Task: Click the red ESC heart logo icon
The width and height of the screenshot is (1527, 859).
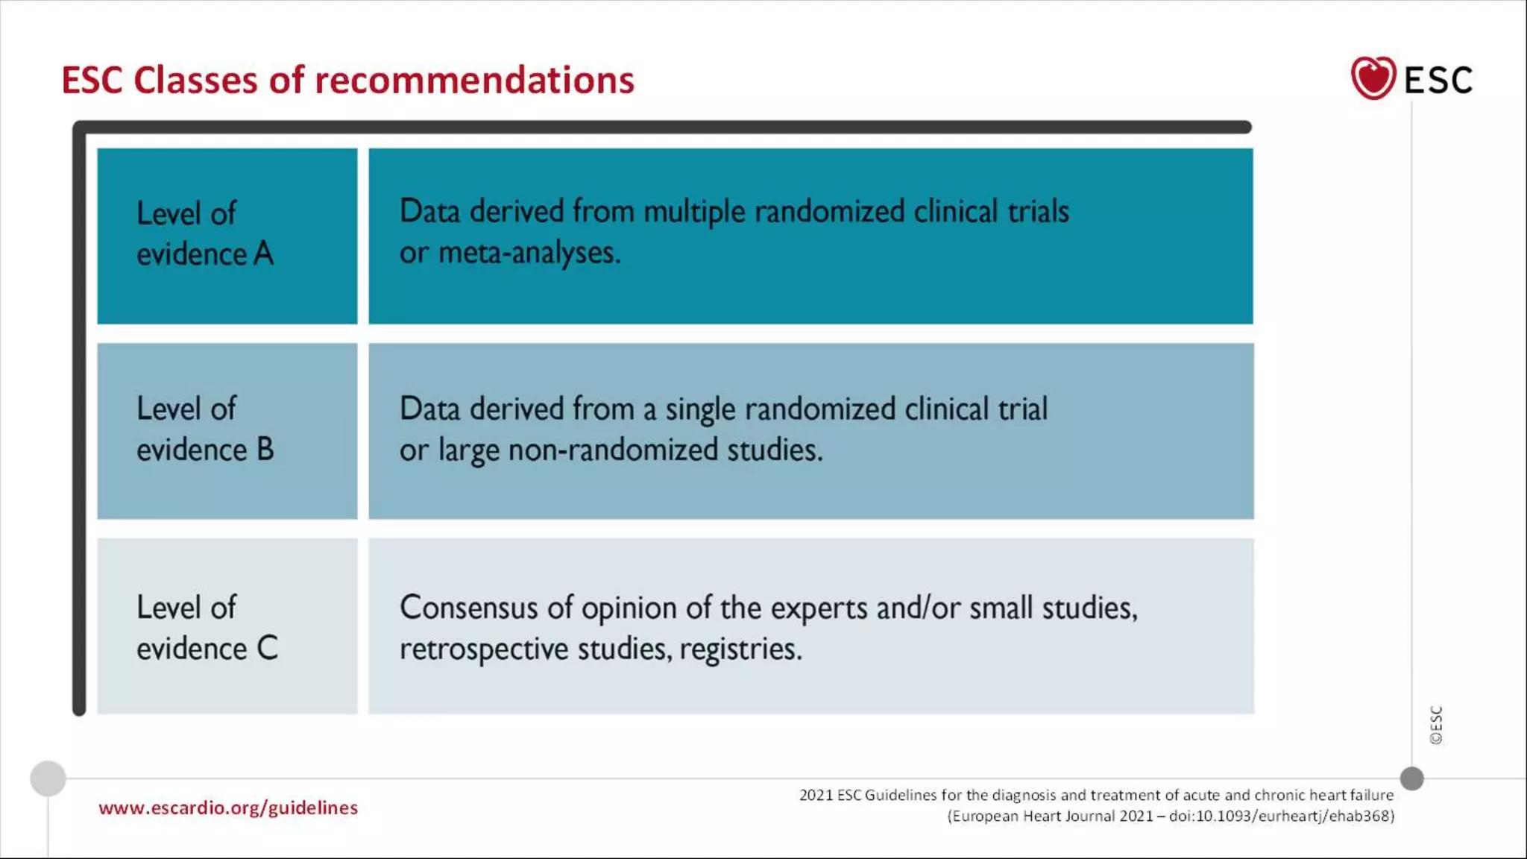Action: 1373,78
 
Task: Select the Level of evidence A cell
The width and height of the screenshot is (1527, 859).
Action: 227,236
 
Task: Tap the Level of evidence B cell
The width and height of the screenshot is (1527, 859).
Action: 227,430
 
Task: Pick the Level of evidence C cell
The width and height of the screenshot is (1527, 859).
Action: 227,626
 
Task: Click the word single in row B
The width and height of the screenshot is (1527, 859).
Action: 700,410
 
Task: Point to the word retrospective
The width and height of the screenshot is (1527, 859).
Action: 483,649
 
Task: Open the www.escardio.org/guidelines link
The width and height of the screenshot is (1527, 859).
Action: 228,808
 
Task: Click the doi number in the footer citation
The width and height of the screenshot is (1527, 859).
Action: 1281,816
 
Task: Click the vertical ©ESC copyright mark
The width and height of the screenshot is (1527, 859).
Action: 1436,725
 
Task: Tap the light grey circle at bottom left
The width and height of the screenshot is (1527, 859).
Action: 48,778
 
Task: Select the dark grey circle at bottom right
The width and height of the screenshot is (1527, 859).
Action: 1411,778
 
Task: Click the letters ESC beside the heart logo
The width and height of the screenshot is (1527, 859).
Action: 1438,81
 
